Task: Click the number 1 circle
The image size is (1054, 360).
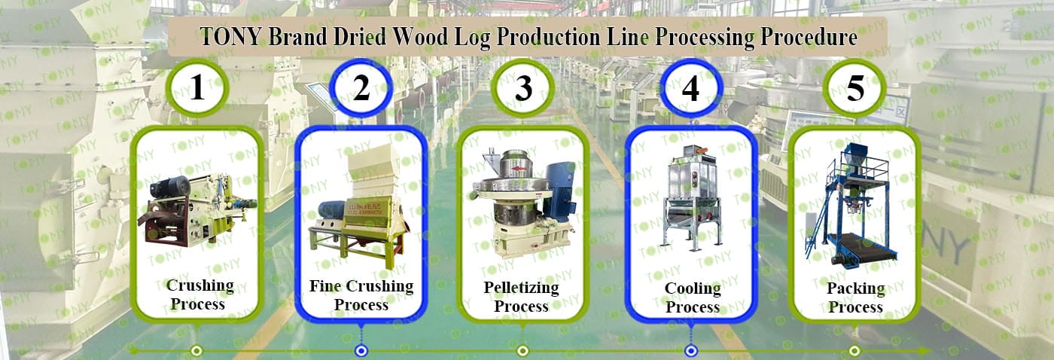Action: pos(197,89)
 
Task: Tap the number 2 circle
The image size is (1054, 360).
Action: pos(361,89)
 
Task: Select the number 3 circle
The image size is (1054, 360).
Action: pos(523,89)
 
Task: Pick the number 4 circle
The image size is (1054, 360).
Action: pos(690,89)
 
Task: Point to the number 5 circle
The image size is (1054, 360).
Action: pos(855,89)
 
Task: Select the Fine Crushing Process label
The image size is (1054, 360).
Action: pos(361,295)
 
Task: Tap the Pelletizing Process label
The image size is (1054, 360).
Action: pos(521,297)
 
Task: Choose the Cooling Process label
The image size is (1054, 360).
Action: pos(692,297)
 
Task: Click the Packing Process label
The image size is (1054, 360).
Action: pos(855,297)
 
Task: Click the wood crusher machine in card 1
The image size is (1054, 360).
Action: pos(197,207)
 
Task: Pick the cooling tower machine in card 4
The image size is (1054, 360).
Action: pos(691,200)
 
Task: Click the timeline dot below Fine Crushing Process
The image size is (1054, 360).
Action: pos(361,350)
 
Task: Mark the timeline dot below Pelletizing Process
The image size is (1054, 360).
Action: pos(522,350)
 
